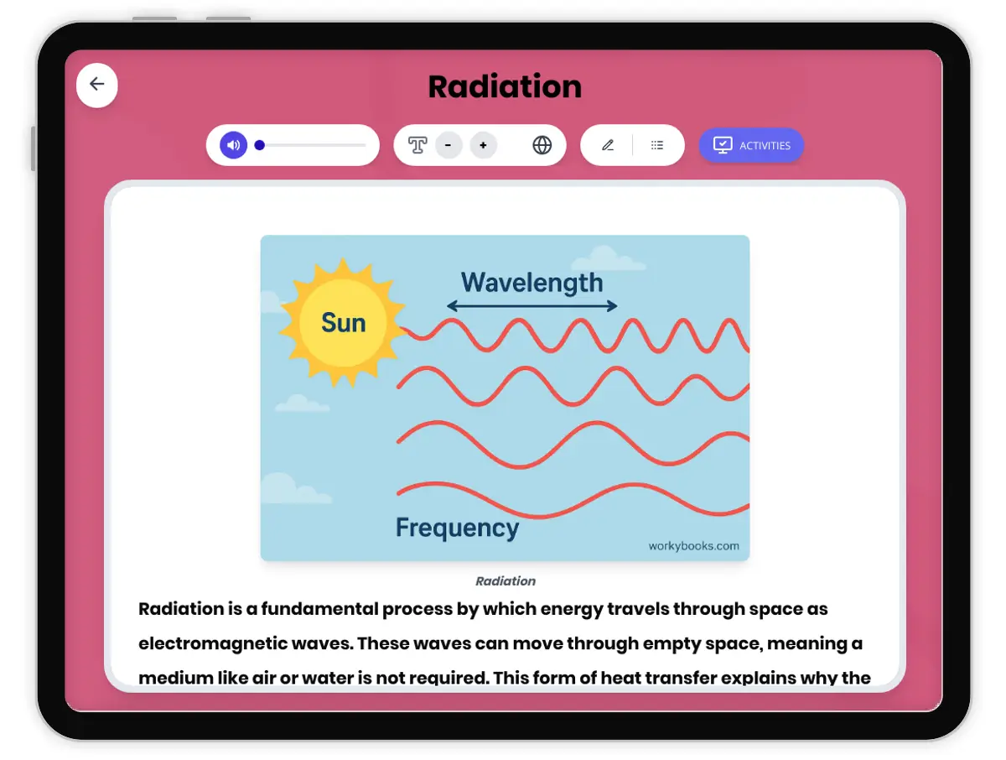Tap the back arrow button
tap(97, 84)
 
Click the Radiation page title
tap(505, 87)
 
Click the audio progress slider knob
tap(260, 145)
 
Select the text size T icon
tap(417, 145)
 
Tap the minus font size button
tap(449, 145)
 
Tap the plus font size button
tap(483, 145)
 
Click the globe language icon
tap(542, 145)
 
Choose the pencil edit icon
tap(608, 145)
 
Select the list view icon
tap(657, 145)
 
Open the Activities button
tap(751, 145)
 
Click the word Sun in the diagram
tap(344, 323)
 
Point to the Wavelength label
tap(532, 283)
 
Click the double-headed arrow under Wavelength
tap(532, 306)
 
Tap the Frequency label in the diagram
tap(457, 528)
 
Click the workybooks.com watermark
tap(693, 546)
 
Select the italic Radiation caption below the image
tap(506, 580)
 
